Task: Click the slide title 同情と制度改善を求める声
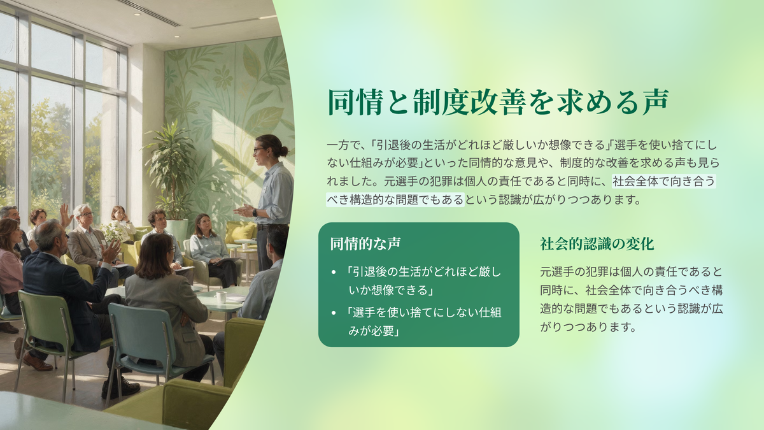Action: coord(499,102)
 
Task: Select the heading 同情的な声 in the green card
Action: coord(365,243)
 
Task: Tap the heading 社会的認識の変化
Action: coord(597,243)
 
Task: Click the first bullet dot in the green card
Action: coord(334,273)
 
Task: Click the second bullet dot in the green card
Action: coord(334,313)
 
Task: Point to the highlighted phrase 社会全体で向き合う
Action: coord(663,181)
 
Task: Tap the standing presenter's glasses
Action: coord(258,150)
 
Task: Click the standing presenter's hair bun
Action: coord(284,150)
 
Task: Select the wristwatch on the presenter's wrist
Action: coord(255,213)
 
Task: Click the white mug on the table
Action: coord(220,297)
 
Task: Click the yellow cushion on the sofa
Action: coord(241,233)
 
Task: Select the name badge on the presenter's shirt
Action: coord(265,190)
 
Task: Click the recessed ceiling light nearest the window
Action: coord(137,15)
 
